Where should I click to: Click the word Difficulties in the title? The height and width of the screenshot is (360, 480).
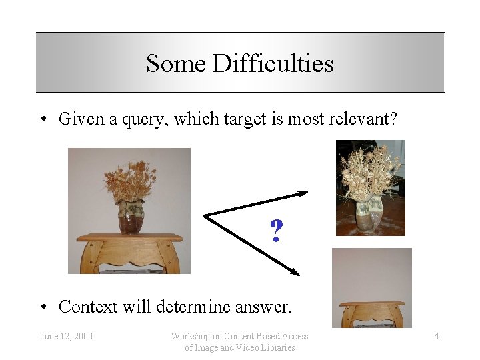tap(273, 64)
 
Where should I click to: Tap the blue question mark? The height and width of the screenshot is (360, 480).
tap(276, 231)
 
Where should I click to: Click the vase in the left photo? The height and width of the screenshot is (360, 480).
tap(130, 217)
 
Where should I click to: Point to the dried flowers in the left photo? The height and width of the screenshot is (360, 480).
tap(130, 180)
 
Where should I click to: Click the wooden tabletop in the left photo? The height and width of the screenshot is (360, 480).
tap(129, 237)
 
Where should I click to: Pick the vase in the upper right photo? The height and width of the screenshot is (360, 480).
tap(368, 215)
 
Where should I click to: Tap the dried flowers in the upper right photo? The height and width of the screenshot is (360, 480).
tap(370, 170)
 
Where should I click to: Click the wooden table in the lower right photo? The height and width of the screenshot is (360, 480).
tap(371, 311)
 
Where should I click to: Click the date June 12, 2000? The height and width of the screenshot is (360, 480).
tap(66, 336)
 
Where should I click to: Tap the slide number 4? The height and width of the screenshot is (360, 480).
tap(437, 336)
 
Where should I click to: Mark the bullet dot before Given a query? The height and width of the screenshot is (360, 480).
tap(43, 120)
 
